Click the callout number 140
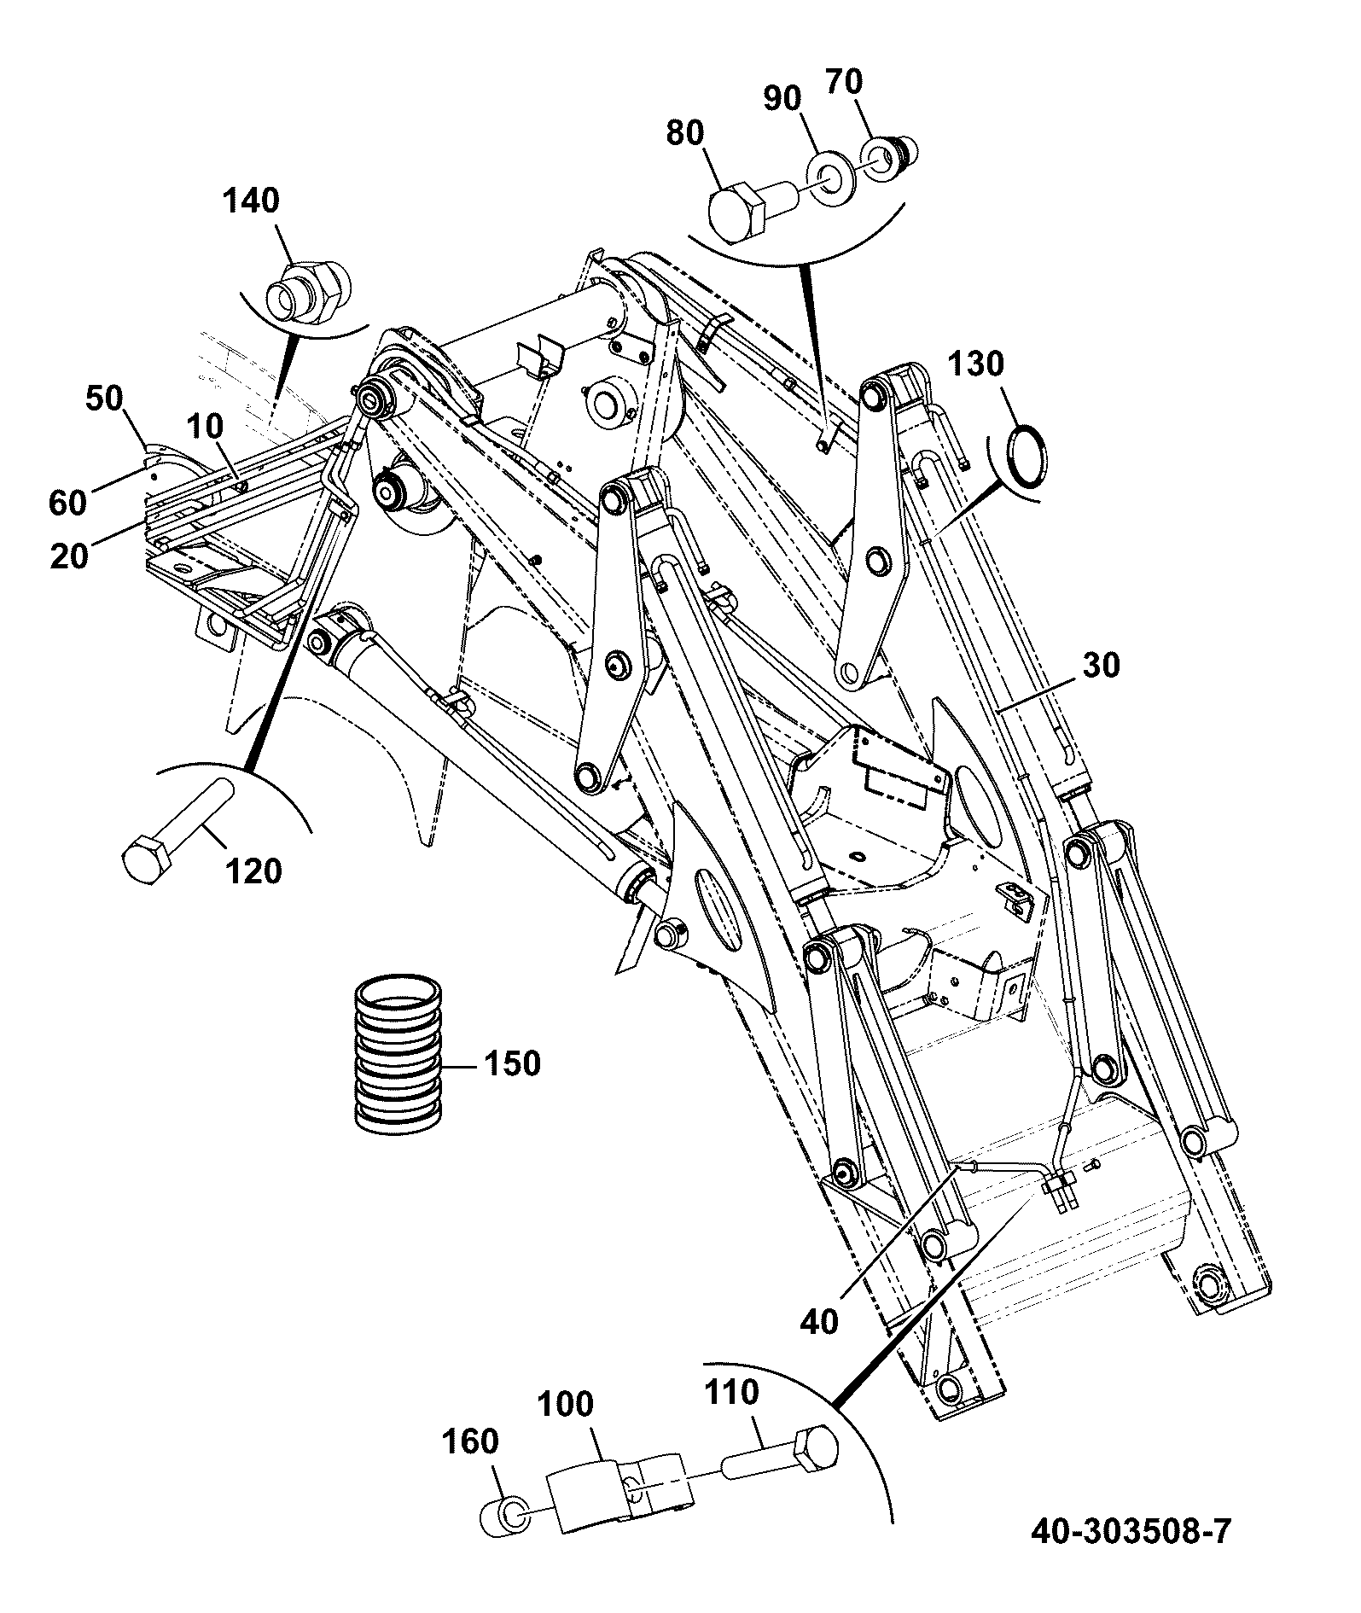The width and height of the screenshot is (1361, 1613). click(x=251, y=201)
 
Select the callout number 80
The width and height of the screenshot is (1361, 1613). click(x=685, y=134)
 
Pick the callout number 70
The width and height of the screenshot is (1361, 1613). click(x=844, y=82)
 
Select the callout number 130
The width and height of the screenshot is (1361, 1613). click(x=977, y=364)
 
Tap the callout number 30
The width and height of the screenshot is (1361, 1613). click(x=1100, y=666)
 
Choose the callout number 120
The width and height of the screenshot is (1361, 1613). click(x=254, y=872)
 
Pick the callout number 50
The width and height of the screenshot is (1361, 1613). click(x=104, y=399)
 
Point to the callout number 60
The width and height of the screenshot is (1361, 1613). click(x=69, y=502)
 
